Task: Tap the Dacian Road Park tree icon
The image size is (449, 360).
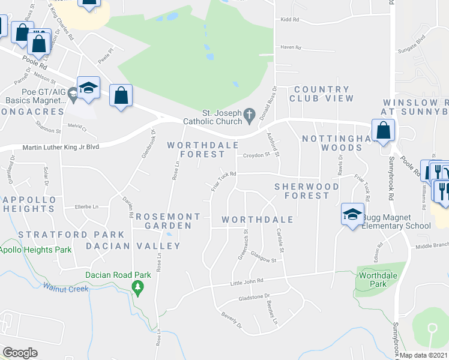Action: [x=138, y=289]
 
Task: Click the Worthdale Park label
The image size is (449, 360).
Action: [x=374, y=280]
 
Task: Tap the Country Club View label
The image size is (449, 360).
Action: [x=321, y=94]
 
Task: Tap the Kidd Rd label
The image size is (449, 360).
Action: [x=289, y=20]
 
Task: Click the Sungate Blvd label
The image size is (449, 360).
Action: [x=412, y=38]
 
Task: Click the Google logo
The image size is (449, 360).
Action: [x=20, y=353]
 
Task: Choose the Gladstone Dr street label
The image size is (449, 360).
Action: [x=255, y=297]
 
